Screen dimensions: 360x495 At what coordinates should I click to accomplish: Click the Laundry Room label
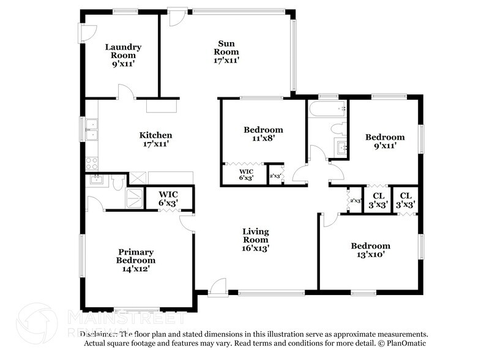coord(123,47)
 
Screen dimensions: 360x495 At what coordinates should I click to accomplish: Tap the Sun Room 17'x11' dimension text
coord(226,60)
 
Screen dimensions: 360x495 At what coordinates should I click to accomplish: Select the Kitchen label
coord(155,135)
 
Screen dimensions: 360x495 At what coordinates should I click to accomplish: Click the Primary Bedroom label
coord(136,256)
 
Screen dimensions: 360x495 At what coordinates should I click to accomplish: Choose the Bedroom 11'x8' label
coord(263,130)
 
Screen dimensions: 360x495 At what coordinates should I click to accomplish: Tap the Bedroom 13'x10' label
coord(370,246)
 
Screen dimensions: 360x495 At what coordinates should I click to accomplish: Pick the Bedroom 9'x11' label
coord(385,137)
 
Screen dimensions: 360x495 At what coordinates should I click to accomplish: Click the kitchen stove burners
coord(91,163)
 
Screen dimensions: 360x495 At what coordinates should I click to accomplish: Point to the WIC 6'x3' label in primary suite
coord(168,198)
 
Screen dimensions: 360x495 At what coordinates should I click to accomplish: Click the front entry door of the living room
coord(217,287)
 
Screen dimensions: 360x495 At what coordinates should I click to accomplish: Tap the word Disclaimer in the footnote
coord(99,335)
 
